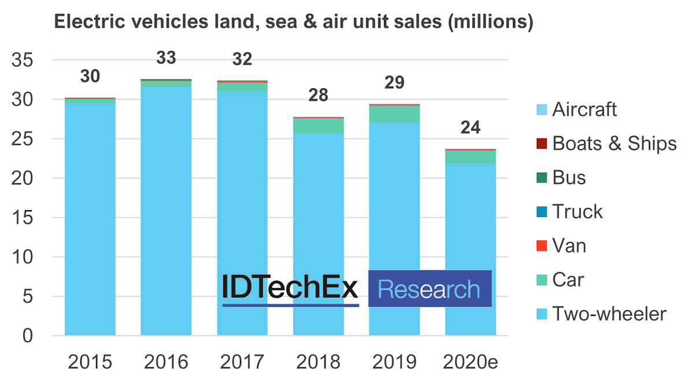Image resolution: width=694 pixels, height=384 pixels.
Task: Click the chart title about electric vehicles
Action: (293, 22)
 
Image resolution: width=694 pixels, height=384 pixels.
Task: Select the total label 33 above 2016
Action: (166, 58)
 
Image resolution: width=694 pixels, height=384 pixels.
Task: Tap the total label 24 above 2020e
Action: (470, 128)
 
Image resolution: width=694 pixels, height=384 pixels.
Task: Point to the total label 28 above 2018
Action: (318, 95)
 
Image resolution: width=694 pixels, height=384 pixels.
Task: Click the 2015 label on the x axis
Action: (90, 362)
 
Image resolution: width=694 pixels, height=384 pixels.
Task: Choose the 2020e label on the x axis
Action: (470, 362)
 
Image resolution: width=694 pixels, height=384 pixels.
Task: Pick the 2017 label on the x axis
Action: (242, 362)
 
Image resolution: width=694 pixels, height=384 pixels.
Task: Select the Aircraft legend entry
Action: (584, 109)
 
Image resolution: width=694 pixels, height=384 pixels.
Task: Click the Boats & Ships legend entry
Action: (613, 143)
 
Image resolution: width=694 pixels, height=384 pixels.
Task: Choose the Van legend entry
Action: (569, 246)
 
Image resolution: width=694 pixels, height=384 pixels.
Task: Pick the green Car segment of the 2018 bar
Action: (318, 126)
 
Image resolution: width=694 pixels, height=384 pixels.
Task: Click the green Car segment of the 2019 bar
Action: (394, 114)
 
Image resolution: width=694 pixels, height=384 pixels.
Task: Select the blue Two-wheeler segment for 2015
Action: (90, 219)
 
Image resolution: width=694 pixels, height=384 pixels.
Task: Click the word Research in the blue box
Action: (429, 289)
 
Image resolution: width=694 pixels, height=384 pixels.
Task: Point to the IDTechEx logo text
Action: (290, 288)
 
